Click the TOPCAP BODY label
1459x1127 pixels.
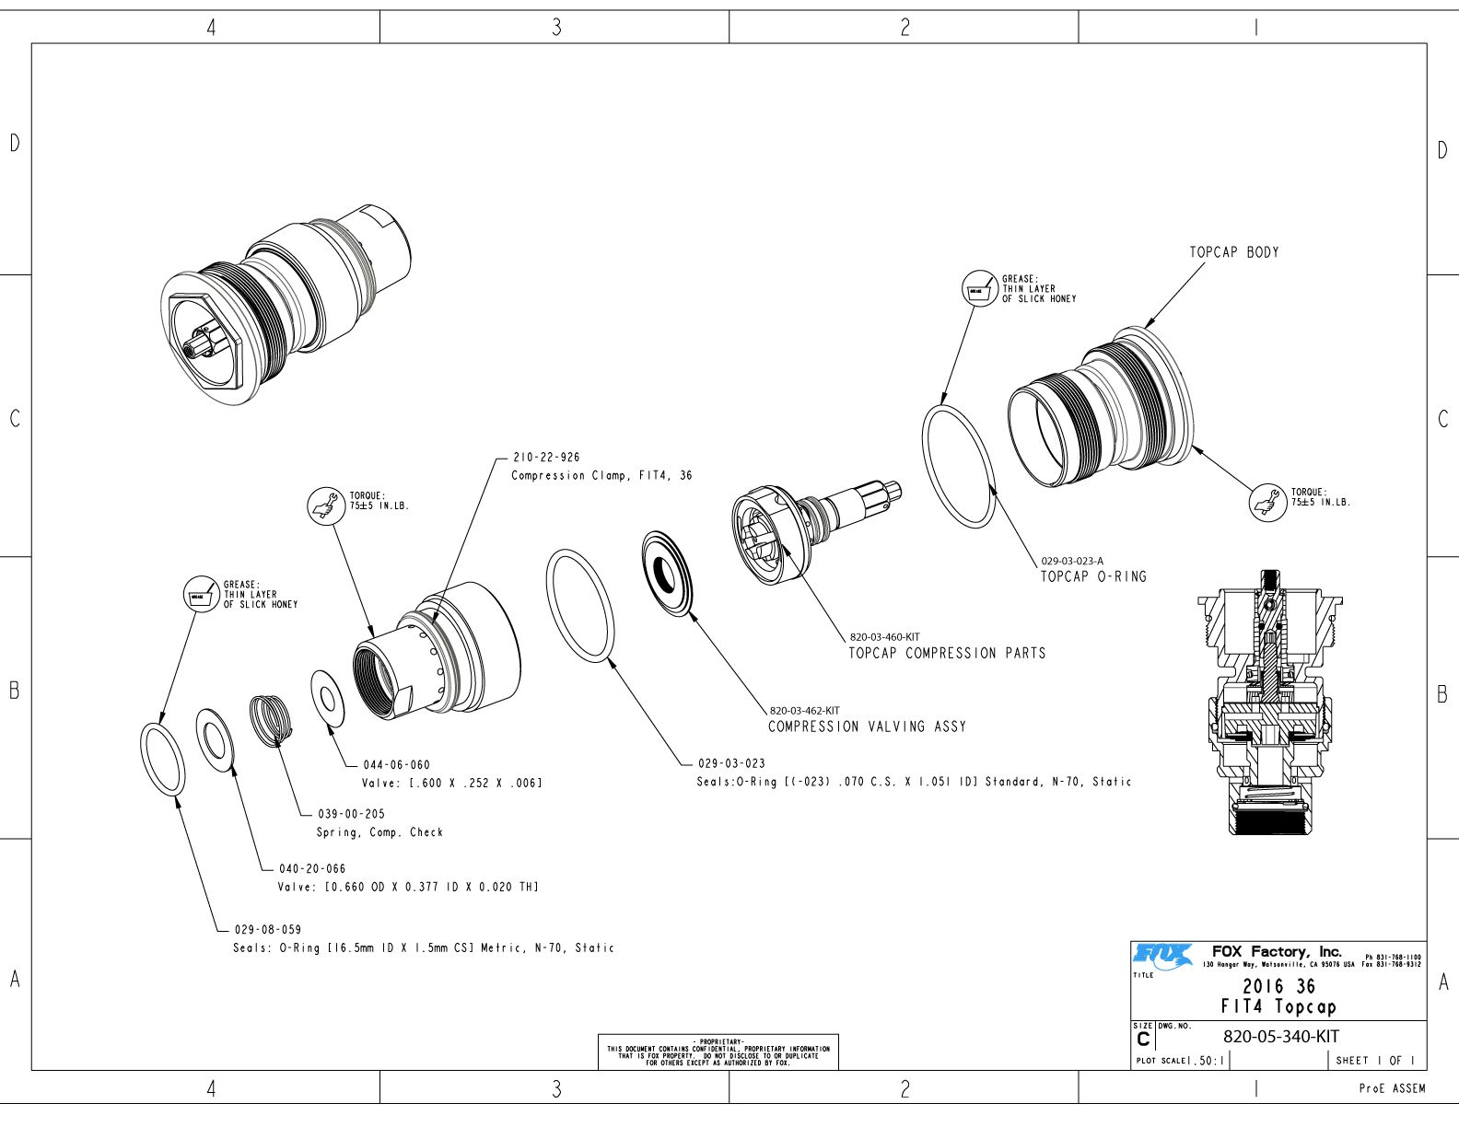(1233, 252)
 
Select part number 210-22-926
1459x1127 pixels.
(546, 458)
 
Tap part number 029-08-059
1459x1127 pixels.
(267, 930)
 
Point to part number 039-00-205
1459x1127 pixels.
(351, 814)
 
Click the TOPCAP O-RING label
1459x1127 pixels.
(1093, 576)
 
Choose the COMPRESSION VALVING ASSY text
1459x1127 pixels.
(867, 726)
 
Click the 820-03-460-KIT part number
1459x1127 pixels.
(884, 637)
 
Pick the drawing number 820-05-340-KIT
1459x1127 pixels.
(1280, 1036)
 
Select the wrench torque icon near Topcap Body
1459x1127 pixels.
(1267, 503)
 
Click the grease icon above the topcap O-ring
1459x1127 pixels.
(978, 288)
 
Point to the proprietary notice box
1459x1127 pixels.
(718, 1051)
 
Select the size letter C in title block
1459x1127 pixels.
(1143, 1040)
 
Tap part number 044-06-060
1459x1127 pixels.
(396, 765)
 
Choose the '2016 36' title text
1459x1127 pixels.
(1278, 986)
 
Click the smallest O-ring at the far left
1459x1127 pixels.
(162, 759)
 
